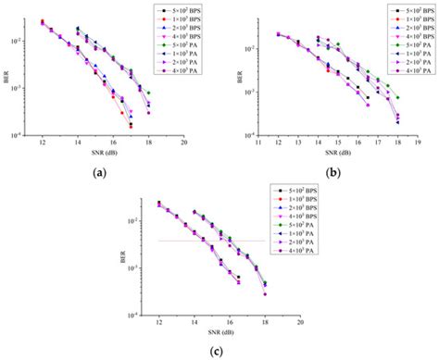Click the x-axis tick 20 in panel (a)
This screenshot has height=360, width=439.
[185, 144]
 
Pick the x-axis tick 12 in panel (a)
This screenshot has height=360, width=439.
[43, 144]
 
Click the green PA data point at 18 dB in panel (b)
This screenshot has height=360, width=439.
[398, 98]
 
